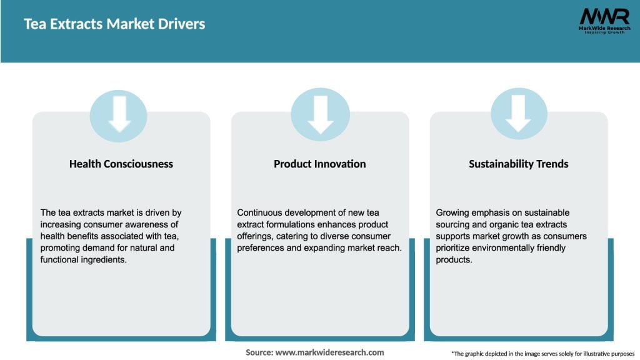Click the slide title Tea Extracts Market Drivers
(x=114, y=24)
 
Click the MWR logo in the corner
(x=604, y=16)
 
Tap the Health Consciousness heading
(x=121, y=164)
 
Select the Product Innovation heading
(x=319, y=164)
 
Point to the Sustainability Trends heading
(x=518, y=164)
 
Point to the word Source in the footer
(x=259, y=352)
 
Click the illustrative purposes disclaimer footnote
(x=542, y=353)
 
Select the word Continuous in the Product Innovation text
(x=261, y=213)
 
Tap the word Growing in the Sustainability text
(x=453, y=213)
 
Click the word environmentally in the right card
(x=501, y=247)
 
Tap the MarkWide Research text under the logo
(x=604, y=28)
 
